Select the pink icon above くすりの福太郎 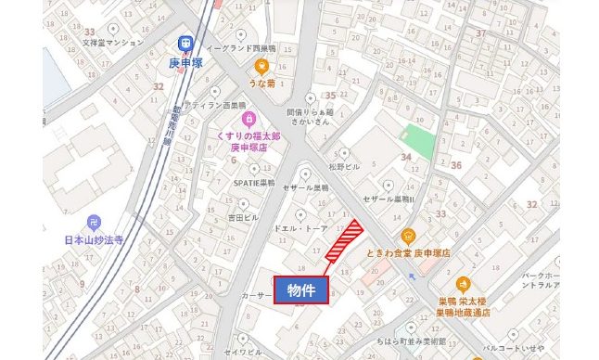(x=249, y=120)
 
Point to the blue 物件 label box (x=300, y=289)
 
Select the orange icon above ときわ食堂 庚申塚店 (x=407, y=236)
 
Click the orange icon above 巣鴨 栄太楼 (x=464, y=283)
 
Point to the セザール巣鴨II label (x=389, y=199)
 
